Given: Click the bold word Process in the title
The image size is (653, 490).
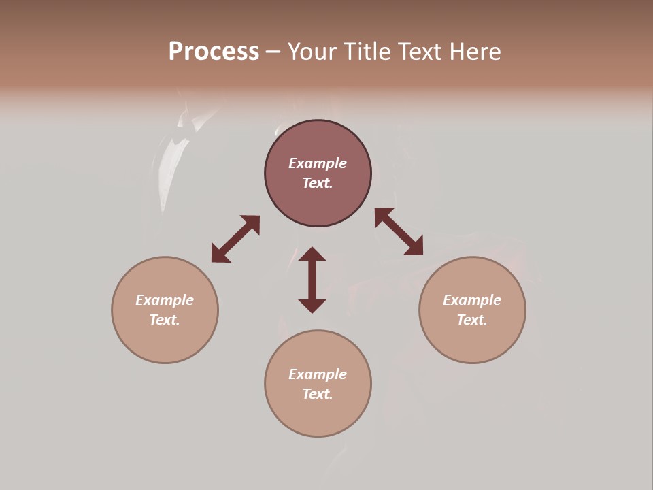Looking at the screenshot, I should coord(214,52).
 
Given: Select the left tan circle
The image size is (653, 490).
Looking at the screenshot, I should coord(165,340).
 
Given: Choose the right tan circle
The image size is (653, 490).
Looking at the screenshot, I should coord(472,340).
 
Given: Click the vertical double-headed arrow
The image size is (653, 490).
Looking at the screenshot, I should coord(312,280).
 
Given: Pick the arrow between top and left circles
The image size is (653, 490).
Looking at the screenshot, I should coord(235,239).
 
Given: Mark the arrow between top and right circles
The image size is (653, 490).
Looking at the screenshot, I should coord(399,231).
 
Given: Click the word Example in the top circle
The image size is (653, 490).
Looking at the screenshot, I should coord(318,163).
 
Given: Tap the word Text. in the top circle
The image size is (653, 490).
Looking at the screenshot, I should coord(318,183).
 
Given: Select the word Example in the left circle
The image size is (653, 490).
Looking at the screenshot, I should coord(165,300).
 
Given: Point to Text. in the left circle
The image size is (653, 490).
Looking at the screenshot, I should coord(165,320).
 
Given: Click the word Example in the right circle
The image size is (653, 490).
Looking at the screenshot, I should coord(472,300).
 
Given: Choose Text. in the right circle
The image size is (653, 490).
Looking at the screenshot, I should coord(472,320).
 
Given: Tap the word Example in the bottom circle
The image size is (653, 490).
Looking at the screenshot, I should coord(318,374).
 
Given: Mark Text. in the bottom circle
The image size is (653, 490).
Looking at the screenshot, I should coord(318,394).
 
